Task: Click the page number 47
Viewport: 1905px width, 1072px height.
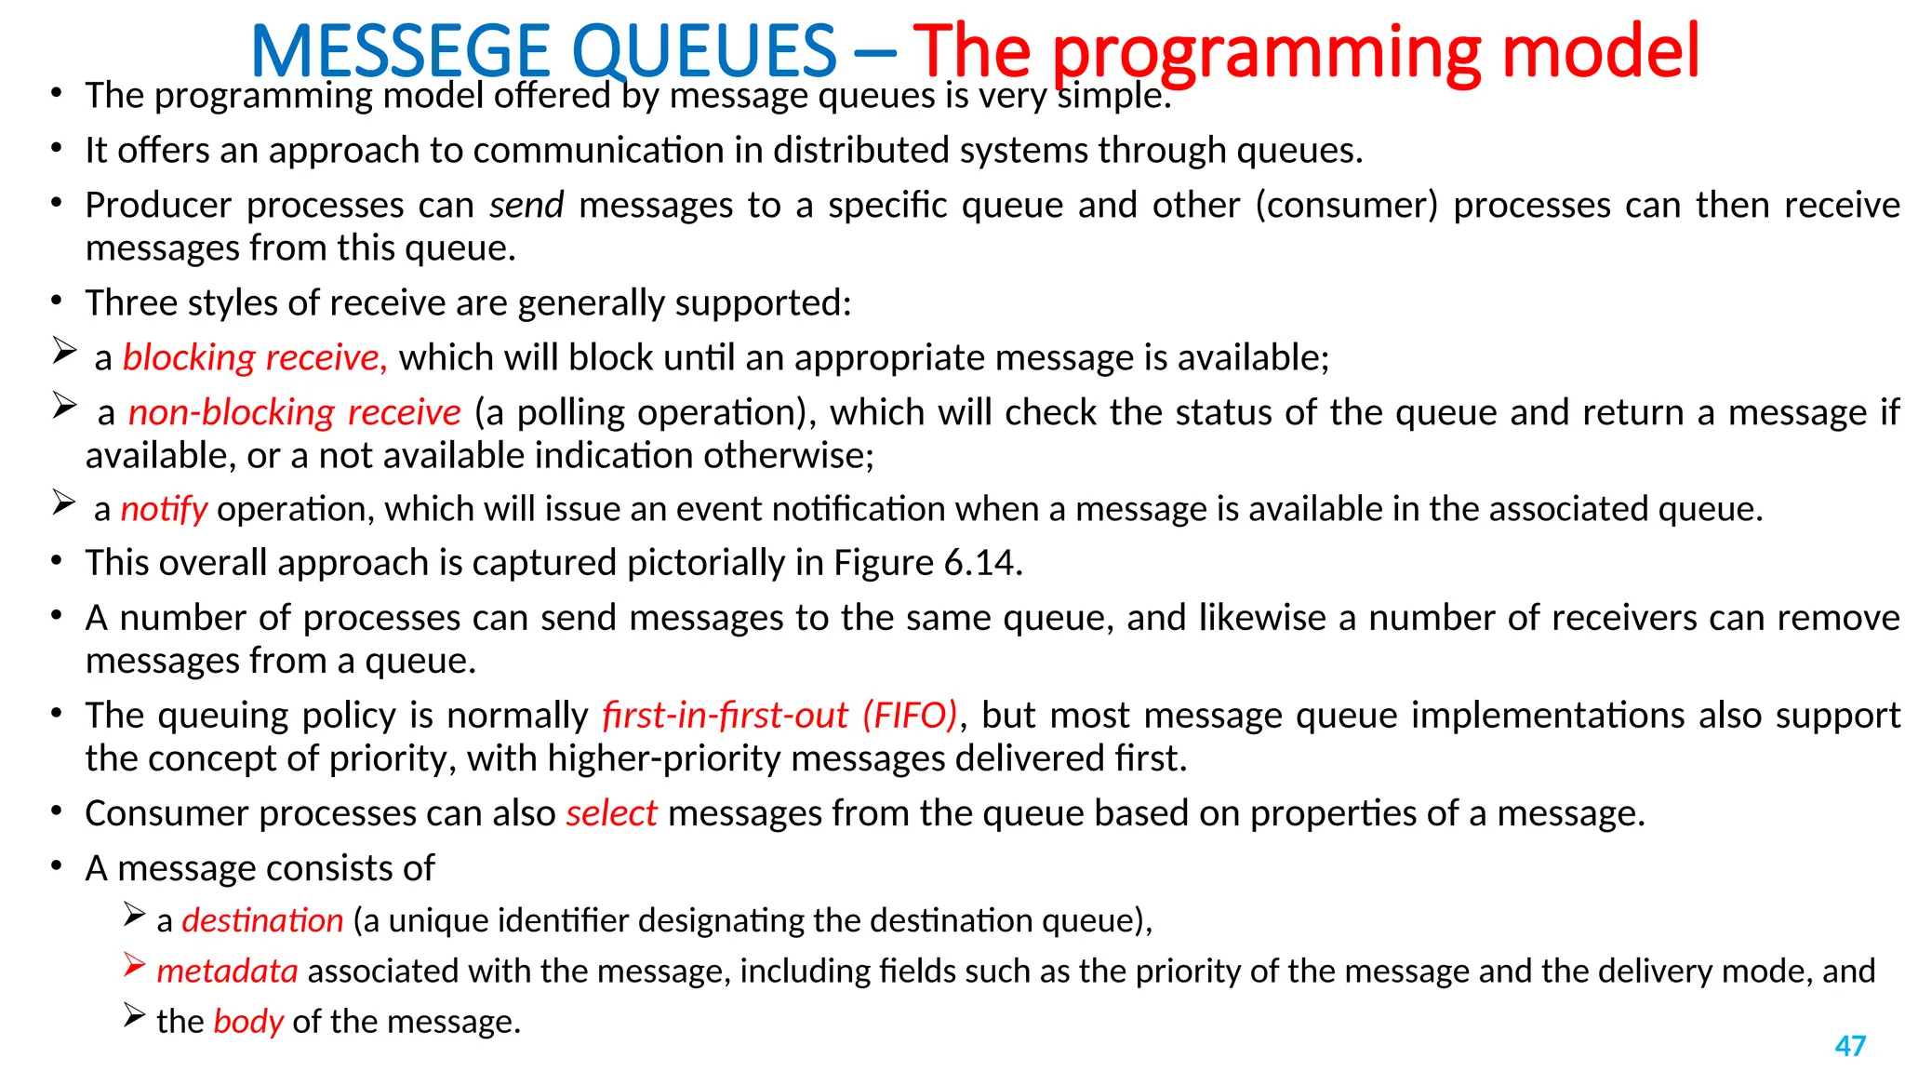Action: pyautogui.click(x=1850, y=1046)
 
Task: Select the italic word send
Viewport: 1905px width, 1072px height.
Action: pyautogui.click(x=526, y=205)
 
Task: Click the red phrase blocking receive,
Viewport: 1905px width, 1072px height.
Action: pyautogui.click(x=255, y=357)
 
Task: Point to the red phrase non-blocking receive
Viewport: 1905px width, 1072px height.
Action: pyautogui.click(x=294, y=412)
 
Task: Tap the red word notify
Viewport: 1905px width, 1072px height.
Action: pyautogui.click(x=164, y=509)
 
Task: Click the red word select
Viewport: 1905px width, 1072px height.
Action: pyautogui.click(x=611, y=813)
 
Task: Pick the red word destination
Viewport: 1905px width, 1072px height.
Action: pyautogui.click(x=262, y=920)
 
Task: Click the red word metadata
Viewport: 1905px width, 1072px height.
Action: pyautogui.click(x=227, y=971)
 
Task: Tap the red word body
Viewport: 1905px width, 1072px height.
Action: pyautogui.click(x=248, y=1022)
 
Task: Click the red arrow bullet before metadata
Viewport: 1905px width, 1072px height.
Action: pyautogui.click(x=134, y=966)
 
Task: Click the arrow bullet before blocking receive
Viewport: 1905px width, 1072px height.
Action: pyautogui.click(x=64, y=351)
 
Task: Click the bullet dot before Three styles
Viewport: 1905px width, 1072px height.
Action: pyautogui.click(x=57, y=301)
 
